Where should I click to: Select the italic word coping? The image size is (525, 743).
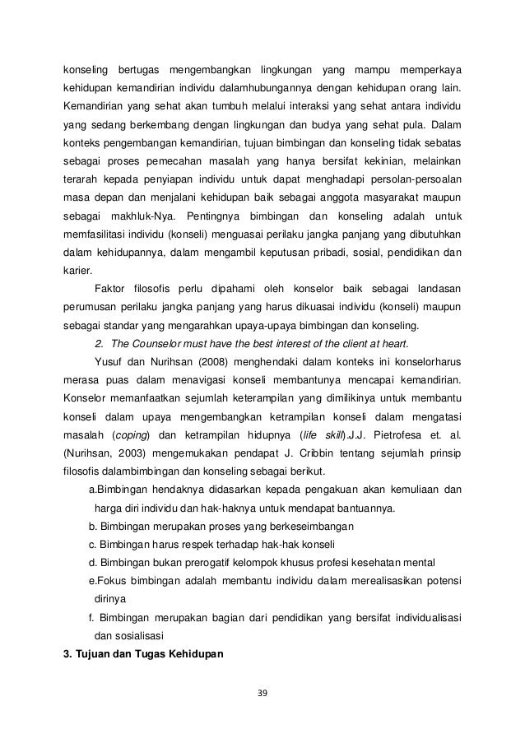point(123,434)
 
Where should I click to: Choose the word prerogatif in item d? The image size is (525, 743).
point(187,562)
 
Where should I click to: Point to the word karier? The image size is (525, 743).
point(79,270)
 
